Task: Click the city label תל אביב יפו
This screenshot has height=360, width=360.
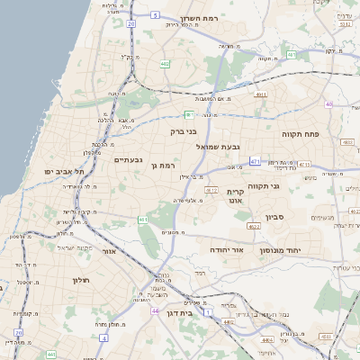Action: coord(67,170)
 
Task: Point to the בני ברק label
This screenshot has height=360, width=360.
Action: coord(184,131)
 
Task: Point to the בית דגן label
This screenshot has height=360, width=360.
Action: coord(181,313)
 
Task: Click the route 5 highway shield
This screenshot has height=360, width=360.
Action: coord(155,15)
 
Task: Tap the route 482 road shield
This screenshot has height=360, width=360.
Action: coord(165,64)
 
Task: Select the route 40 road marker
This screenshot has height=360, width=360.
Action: coord(328,104)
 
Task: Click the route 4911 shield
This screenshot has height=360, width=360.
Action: coord(261,94)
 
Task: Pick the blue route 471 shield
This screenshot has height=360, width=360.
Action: coord(256,162)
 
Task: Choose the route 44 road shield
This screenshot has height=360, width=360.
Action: coord(155,310)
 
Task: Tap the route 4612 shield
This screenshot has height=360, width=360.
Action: coord(211,190)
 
